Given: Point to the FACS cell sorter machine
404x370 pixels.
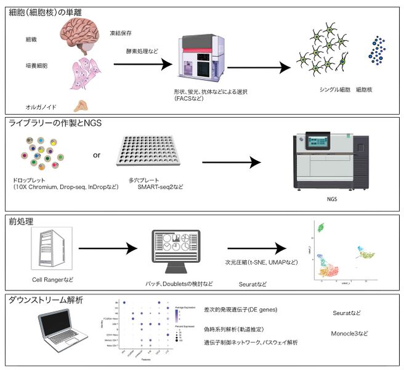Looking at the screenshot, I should tap(198, 59).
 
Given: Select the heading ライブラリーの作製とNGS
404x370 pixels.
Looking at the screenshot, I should tap(55, 123).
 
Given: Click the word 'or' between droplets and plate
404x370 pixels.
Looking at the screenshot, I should tap(97, 155).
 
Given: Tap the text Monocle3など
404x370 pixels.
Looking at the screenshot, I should tap(350, 333).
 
